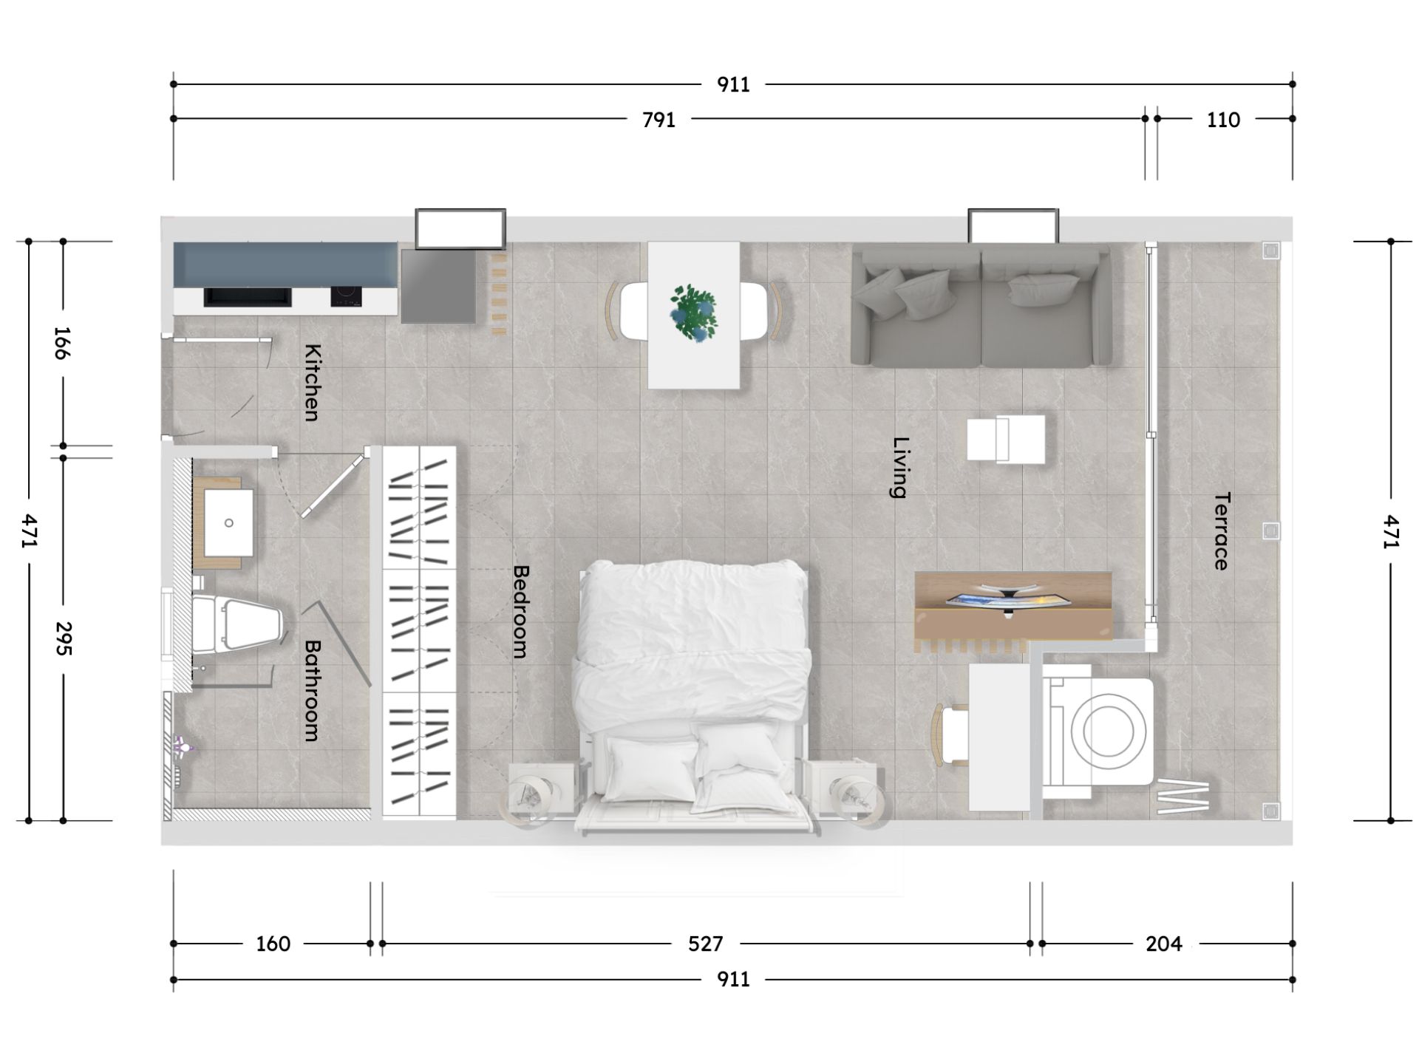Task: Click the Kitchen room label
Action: point(313,383)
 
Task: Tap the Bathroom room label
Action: point(313,690)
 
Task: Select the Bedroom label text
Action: point(521,611)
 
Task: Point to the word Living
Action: point(900,468)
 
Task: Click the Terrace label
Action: point(1222,531)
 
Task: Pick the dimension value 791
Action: point(659,120)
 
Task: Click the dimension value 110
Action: point(1223,120)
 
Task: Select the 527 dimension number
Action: point(705,944)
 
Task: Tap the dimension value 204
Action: point(1164,944)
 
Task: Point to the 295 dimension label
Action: point(63,638)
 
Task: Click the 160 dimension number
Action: point(273,944)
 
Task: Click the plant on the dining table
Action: point(693,313)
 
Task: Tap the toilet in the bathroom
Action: point(236,624)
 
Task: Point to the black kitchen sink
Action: point(247,297)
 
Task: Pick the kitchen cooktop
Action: point(346,297)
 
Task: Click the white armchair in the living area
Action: point(1006,439)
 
